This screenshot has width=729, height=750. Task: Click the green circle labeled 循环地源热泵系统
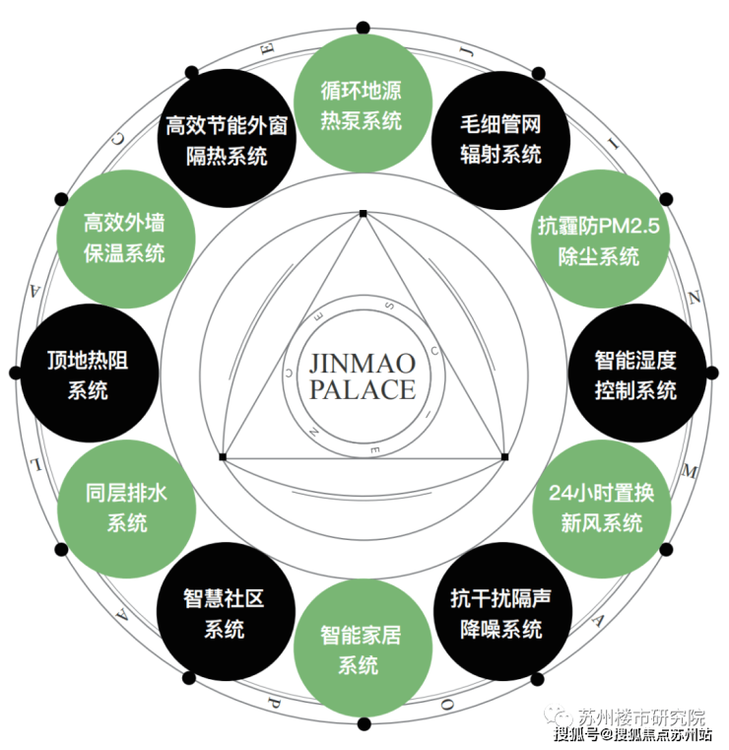[x=363, y=105]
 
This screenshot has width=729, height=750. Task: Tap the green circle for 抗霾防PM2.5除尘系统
[x=601, y=240]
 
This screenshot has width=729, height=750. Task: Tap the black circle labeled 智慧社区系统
[x=225, y=612]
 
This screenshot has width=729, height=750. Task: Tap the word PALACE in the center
[x=363, y=389]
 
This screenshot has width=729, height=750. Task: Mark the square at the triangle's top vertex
[x=363, y=213]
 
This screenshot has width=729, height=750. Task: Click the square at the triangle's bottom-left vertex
[x=223, y=457]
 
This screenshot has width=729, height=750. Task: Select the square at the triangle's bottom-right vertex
[x=504, y=457]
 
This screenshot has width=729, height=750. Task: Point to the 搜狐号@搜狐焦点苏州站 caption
[x=632, y=734]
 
